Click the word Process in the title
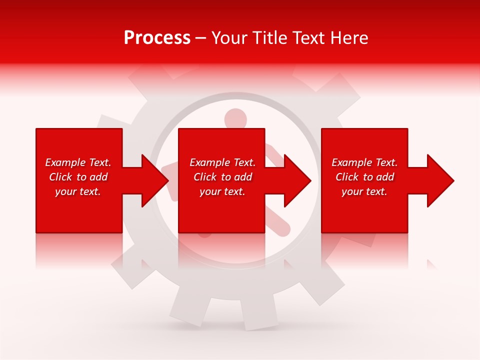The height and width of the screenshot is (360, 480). [157, 38]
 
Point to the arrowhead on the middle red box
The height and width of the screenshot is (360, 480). [296, 180]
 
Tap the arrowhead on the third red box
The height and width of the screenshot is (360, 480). [439, 180]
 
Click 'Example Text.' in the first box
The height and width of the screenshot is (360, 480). [78, 162]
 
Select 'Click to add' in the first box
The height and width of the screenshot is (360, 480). [78, 177]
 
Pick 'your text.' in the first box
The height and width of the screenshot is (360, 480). [78, 191]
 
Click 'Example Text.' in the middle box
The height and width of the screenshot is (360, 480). [222, 162]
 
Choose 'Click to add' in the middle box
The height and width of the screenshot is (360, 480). [222, 177]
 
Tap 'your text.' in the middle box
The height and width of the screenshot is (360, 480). [222, 191]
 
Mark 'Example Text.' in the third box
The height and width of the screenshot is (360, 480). [364, 162]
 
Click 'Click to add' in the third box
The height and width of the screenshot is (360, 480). [364, 177]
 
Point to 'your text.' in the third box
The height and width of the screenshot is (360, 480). [364, 191]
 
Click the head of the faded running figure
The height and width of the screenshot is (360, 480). [235, 118]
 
